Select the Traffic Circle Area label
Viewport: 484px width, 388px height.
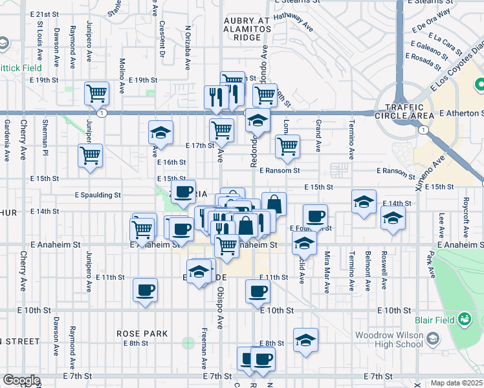(408, 111)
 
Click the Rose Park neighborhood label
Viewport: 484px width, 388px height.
(142, 334)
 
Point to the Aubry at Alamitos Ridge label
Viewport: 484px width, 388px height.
(247, 30)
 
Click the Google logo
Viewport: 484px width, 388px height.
(21, 380)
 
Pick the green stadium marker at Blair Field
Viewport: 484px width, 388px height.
(464, 319)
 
